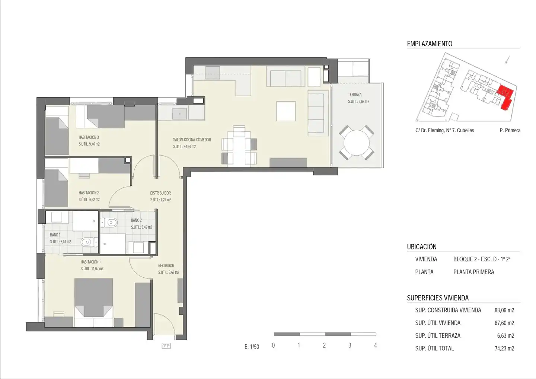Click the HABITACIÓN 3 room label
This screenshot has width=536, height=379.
(89, 137)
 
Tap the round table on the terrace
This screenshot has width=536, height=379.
(357, 143)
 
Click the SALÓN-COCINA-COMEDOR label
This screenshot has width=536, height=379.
(192, 140)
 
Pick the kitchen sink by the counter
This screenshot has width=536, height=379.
(180, 114)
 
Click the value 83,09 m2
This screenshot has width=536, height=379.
(504, 310)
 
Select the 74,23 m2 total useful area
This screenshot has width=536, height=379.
(504, 348)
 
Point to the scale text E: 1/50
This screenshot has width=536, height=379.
(252, 347)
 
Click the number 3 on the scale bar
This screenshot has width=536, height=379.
(350, 345)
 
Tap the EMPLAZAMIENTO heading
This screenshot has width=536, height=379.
(430, 44)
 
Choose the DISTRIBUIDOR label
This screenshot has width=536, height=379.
(160, 193)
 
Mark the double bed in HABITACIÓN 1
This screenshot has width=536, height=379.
(93, 302)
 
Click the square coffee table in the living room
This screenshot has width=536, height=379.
(286, 111)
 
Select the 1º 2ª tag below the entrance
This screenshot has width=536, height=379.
(166, 346)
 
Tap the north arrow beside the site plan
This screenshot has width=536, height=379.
(507, 60)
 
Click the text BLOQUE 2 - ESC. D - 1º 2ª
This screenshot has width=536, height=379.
(482, 259)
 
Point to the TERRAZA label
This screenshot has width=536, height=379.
(355, 95)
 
